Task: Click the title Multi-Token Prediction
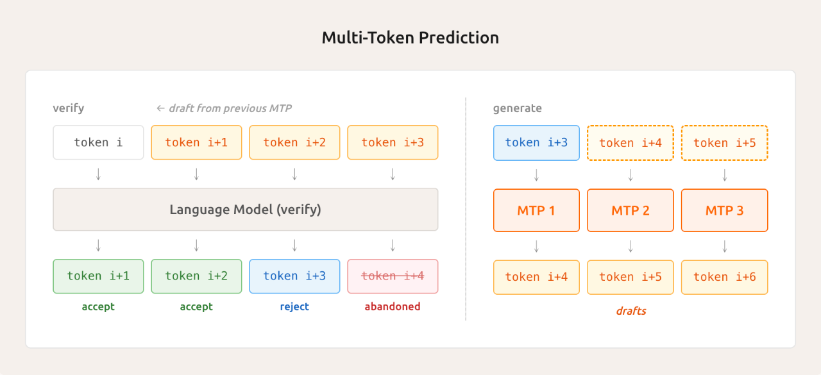tap(410, 38)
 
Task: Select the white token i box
tap(98, 142)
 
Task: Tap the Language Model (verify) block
tap(245, 209)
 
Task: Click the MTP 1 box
tap(536, 210)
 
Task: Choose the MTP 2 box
tap(631, 210)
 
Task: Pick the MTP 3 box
tap(724, 210)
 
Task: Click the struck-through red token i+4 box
tap(393, 276)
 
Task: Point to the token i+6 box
tap(724, 277)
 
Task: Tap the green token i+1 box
tap(98, 276)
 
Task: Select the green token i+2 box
tap(196, 276)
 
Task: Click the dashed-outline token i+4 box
tap(631, 143)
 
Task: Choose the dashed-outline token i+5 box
tap(724, 143)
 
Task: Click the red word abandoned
tap(393, 306)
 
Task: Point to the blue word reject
tap(294, 306)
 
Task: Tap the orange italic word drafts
tap(631, 311)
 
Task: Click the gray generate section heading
tap(517, 108)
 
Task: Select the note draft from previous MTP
tap(224, 108)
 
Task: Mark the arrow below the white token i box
tap(98, 174)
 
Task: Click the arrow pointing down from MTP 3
tap(724, 246)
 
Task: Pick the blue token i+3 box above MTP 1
tap(536, 143)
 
